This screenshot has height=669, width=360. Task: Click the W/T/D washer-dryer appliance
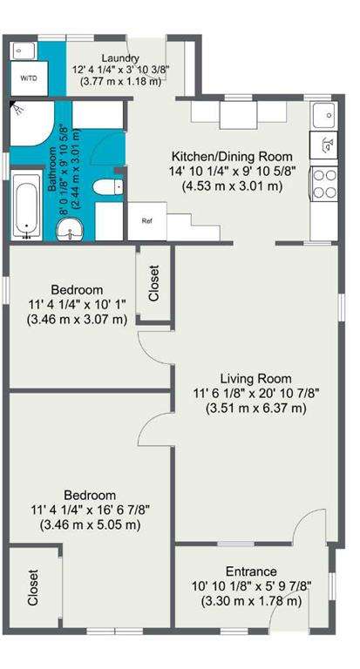29,78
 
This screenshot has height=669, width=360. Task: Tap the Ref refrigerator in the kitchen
147,221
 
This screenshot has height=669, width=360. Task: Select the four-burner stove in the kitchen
324,184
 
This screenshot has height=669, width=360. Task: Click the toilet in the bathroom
107,187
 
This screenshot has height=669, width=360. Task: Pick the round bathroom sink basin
70,230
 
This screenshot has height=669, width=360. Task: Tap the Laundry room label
120,58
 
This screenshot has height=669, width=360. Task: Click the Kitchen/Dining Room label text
232,156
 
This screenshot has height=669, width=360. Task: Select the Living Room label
255,378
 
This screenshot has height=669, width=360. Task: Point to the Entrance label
251,571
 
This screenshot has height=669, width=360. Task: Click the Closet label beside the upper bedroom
153,283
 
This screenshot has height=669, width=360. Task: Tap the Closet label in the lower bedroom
33,587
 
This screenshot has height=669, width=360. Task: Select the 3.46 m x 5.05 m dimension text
90,524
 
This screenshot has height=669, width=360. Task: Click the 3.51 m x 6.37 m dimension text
256,409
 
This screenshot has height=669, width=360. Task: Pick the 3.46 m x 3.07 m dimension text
77,319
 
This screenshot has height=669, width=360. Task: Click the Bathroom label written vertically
52,169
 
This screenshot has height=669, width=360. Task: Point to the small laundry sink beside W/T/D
20,51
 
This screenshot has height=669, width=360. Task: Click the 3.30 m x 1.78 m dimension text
251,601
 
